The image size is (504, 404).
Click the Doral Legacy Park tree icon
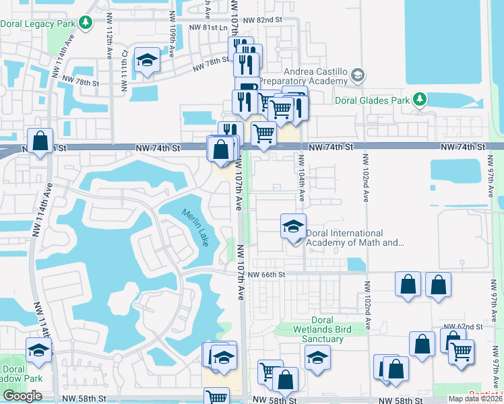[86, 24]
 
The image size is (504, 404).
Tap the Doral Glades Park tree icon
[420, 100]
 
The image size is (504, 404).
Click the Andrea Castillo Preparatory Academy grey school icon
[357, 74]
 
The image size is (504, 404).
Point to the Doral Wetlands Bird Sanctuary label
[318, 329]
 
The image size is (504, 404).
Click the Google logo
[22, 396]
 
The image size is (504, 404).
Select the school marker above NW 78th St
[147, 61]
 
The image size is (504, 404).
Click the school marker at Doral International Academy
[293, 226]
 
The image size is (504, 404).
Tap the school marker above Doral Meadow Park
[38, 350]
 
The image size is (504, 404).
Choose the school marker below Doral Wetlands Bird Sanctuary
[317, 357]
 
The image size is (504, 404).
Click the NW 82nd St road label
[263, 20]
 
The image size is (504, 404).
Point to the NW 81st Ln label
[208, 28]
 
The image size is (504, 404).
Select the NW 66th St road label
[266, 274]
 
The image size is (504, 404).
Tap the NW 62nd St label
[468, 326]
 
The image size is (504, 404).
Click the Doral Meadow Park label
[13, 374]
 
